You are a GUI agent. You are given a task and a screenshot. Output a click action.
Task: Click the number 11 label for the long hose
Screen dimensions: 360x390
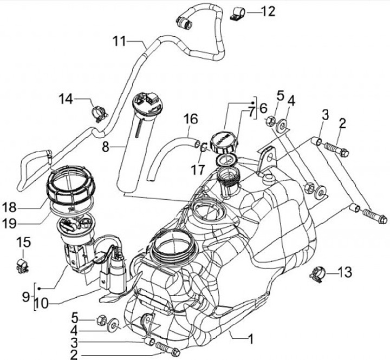[119, 41]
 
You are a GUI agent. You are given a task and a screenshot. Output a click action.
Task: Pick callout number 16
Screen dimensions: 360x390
[190, 118]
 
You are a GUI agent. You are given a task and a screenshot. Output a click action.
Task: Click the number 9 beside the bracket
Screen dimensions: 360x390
[25, 296]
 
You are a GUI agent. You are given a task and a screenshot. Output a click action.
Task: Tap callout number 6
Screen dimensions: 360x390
[263, 108]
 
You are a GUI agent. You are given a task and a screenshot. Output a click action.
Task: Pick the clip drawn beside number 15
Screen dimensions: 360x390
[23, 265]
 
